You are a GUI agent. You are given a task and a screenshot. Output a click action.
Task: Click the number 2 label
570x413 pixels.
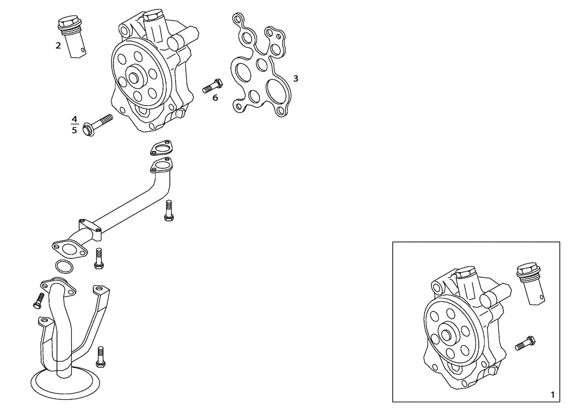(x=58, y=46)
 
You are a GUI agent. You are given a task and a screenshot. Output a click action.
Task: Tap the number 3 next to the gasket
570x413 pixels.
(x=295, y=78)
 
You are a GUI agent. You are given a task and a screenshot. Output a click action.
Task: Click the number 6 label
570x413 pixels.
(x=215, y=98)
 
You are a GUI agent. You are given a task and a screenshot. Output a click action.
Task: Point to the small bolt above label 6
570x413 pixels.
(x=212, y=86)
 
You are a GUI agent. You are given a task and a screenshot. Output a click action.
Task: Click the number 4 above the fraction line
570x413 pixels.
(x=74, y=119)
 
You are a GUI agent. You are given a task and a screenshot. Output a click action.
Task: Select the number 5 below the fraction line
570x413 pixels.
(x=74, y=130)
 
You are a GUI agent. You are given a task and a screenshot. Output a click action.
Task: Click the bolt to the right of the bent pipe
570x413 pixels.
(x=168, y=210)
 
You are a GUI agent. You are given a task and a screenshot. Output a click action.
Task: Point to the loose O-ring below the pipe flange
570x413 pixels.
(x=63, y=266)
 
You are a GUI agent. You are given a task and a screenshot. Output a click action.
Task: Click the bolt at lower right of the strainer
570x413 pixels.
(x=101, y=356)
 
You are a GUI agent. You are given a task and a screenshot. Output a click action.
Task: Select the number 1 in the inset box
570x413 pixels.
(x=551, y=394)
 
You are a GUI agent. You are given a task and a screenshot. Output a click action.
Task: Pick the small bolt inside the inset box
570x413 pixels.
(x=525, y=343)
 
